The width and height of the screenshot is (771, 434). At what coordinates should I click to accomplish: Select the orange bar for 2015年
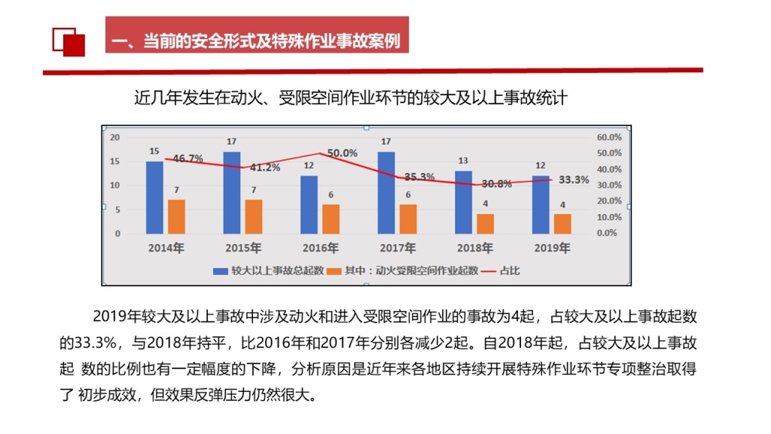pos(253,216)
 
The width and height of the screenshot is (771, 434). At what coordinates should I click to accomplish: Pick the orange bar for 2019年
pos(562,223)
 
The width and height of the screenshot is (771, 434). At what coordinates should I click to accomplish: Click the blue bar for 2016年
pos(309,204)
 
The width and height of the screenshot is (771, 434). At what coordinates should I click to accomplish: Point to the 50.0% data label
pos(342,153)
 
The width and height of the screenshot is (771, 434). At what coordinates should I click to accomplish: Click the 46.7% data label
pos(187,158)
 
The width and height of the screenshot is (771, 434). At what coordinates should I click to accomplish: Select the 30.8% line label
pos(497,183)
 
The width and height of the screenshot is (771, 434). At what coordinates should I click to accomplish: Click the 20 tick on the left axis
pos(115,137)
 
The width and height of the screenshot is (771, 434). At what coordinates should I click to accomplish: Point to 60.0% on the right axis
pos(608,137)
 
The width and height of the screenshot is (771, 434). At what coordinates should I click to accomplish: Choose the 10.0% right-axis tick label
pos(608,217)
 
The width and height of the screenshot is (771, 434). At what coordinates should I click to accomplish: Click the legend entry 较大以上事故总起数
pos(270,270)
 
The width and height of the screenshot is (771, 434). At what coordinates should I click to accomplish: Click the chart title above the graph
pos(350,97)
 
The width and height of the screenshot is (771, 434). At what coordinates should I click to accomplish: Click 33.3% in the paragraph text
pos(97,344)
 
